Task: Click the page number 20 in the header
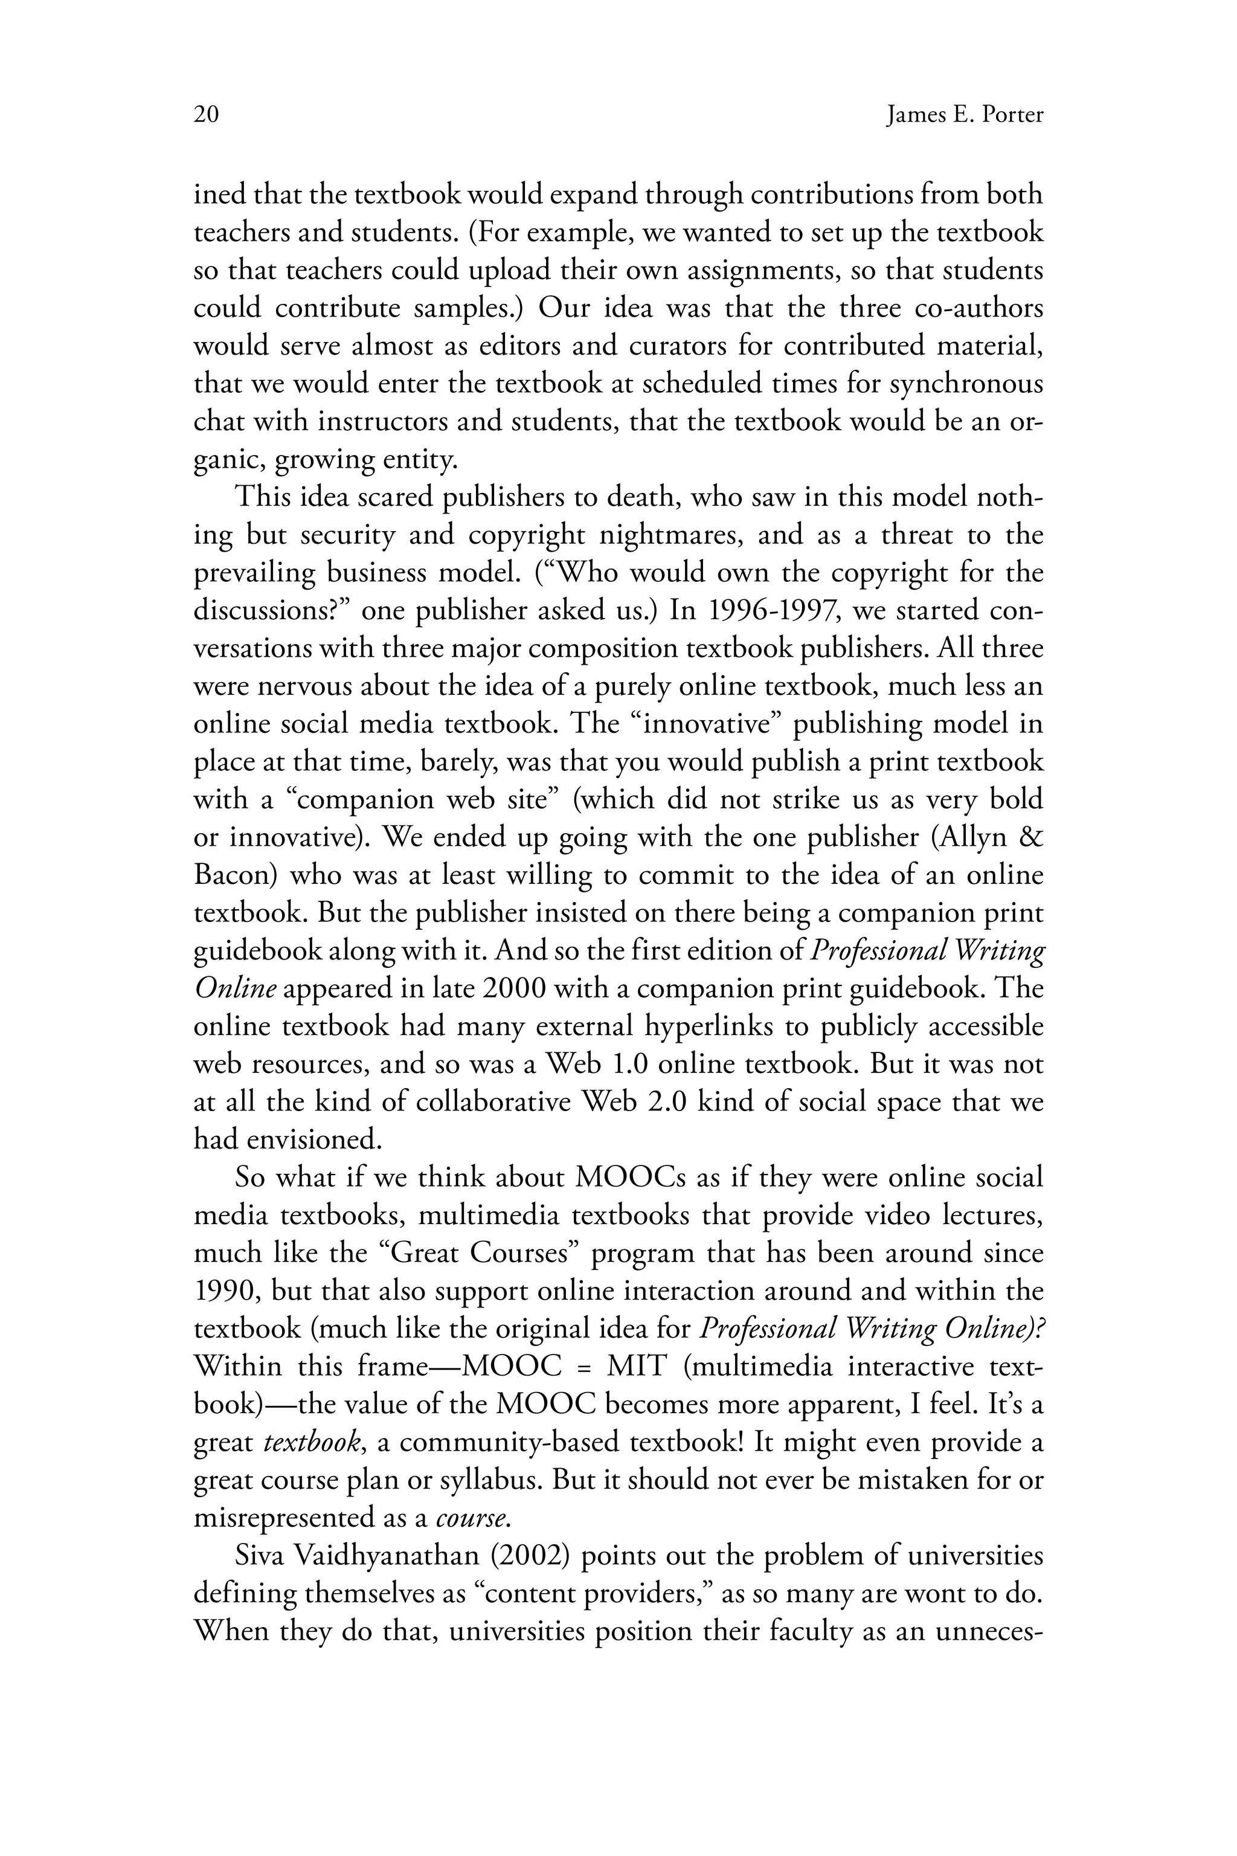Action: (206, 115)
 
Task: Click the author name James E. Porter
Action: (964, 115)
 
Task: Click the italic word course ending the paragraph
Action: (471, 1519)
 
